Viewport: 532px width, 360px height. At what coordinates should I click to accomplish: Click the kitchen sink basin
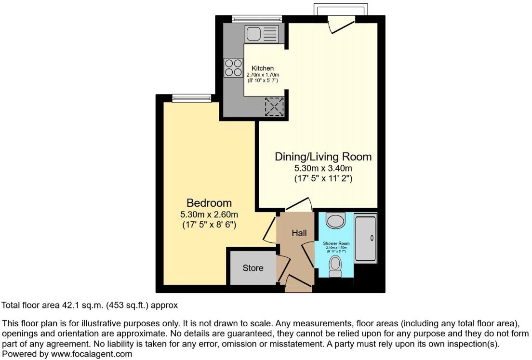253,34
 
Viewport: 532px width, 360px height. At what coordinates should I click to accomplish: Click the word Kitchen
263,68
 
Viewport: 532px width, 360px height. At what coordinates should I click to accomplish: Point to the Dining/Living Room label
323,157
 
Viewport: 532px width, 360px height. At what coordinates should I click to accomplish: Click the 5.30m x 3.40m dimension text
323,168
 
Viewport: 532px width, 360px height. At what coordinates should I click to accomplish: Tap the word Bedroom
209,203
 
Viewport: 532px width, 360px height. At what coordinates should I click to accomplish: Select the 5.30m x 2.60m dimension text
209,214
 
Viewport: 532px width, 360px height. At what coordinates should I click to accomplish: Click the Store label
253,267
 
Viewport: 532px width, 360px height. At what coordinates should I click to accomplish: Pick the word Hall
299,233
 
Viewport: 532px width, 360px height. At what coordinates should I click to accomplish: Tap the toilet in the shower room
335,266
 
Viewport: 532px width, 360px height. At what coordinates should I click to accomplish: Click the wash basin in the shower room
335,221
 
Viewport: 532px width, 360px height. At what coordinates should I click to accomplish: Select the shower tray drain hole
372,238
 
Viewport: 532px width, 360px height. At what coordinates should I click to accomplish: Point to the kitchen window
251,19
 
